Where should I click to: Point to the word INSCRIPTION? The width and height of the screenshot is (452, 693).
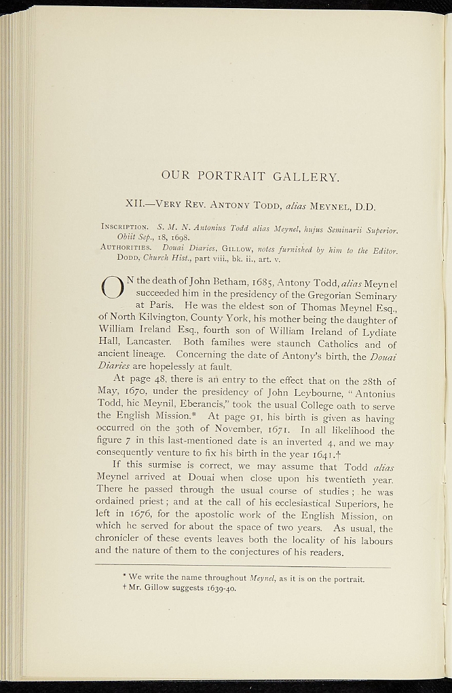click(125, 226)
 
